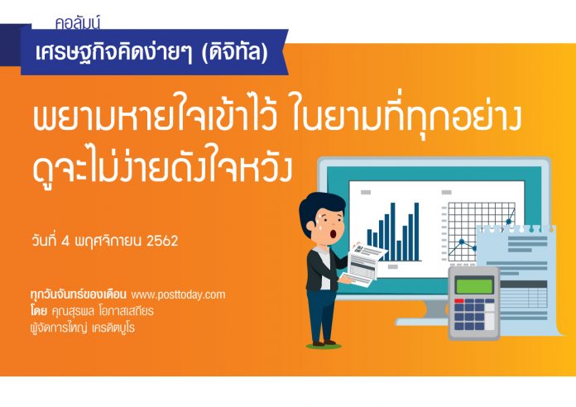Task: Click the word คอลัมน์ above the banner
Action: pyautogui.click(x=78, y=23)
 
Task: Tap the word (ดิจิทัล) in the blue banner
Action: pyautogui.click(x=235, y=52)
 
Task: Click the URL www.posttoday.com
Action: pyautogui.click(x=178, y=294)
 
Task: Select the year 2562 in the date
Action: pyautogui.click(x=162, y=241)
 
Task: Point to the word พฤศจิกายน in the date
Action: pyautogui.click(x=108, y=242)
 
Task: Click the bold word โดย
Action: pyautogui.click(x=39, y=311)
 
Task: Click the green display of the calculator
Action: pyautogui.click(x=474, y=285)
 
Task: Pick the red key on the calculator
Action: pyautogui.click(x=459, y=301)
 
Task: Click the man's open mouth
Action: pyautogui.click(x=333, y=233)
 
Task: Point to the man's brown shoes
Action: pyautogui.click(x=324, y=343)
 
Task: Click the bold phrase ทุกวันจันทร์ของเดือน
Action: pyautogui.click(x=79, y=294)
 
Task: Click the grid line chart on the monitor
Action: pyautogui.click(x=478, y=232)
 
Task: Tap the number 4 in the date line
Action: pyautogui.click(x=65, y=242)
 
